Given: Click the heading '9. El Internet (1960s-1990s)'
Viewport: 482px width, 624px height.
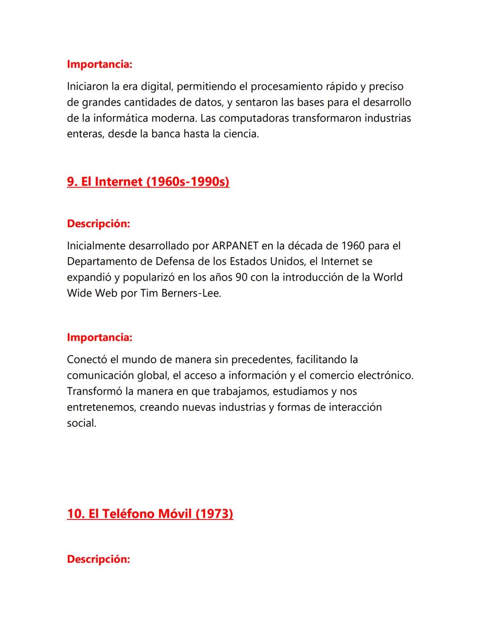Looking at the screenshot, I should click(148, 182).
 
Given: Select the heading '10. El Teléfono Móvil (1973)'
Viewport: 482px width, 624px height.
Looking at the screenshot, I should click(150, 514).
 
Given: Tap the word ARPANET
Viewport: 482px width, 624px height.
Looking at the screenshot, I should click(235, 246).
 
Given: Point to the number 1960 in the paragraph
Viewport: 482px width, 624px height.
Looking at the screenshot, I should click(353, 246).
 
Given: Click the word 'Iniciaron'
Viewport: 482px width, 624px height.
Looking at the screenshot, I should click(87, 86).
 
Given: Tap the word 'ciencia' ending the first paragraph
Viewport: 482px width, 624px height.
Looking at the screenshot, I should click(242, 134).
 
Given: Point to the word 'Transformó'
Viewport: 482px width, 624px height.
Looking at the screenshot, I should click(94, 391).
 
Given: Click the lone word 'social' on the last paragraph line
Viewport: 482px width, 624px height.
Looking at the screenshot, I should click(81, 423).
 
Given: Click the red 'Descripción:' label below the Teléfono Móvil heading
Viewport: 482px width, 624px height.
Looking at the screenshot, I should click(99, 559).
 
